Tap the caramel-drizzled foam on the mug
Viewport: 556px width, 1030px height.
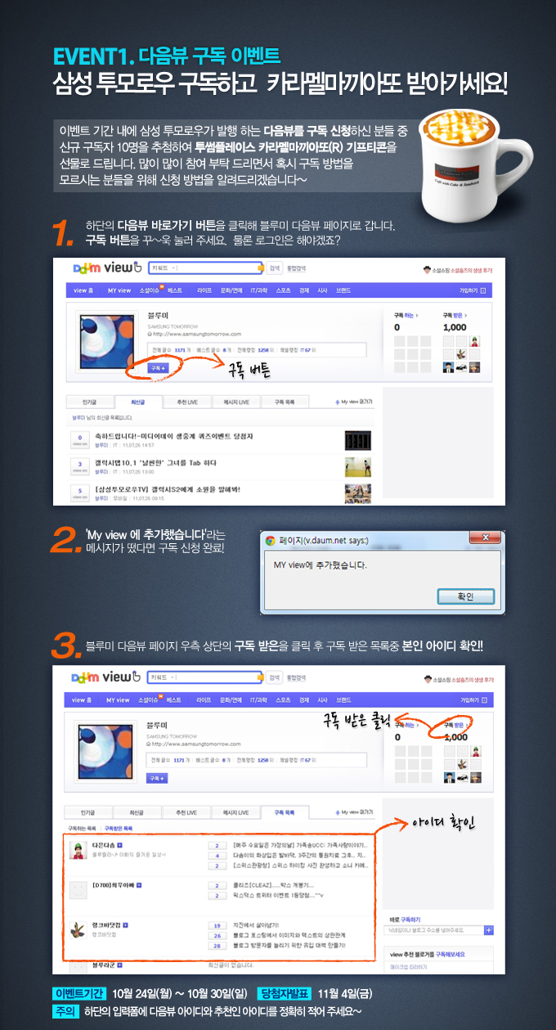pyautogui.click(x=466, y=122)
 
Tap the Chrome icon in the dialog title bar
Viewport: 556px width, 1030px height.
pyautogui.click(x=270, y=541)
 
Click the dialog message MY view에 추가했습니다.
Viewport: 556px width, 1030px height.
pyautogui.click(x=320, y=565)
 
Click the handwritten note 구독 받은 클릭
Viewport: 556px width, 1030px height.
pyautogui.click(x=356, y=718)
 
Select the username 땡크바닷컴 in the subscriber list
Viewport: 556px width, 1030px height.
pyautogui.click(x=111, y=924)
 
